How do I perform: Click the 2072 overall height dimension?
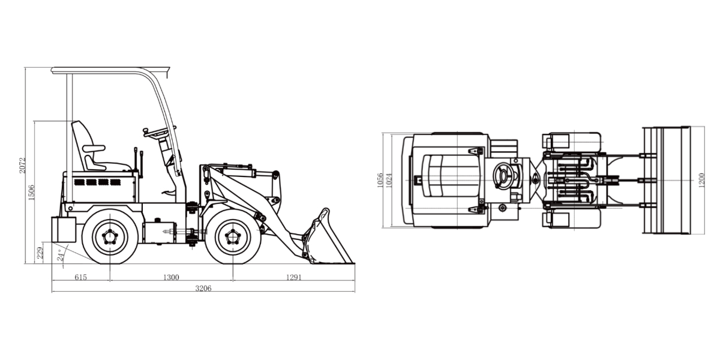click(22, 165)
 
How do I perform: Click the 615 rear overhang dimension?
click(80, 277)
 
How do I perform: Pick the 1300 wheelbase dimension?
click(171, 277)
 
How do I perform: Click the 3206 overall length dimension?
click(203, 288)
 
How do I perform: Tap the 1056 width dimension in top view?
click(380, 180)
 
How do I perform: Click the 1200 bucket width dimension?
click(701, 180)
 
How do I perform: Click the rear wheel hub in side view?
click(110, 236)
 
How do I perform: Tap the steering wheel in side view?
click(159, 130)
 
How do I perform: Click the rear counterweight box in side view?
click(64, 229)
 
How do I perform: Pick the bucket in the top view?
click(666, 180)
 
